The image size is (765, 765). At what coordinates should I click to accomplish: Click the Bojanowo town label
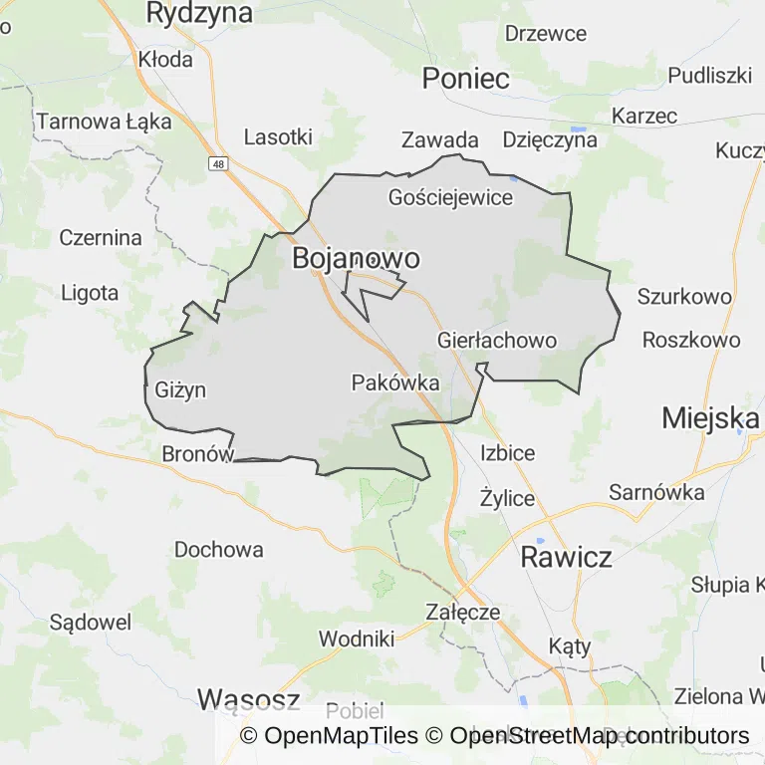tap(356, 259)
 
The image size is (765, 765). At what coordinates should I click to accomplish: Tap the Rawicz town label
tap(567, 557)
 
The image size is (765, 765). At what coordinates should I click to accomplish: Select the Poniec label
tap(466, 79)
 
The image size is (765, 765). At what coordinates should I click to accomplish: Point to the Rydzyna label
tap(199, 13)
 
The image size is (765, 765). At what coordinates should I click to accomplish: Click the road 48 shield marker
tap(218, 161)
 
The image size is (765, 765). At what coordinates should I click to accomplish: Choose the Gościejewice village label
tap(450, 197)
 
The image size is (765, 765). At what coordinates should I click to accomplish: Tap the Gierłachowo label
tap(497, 341)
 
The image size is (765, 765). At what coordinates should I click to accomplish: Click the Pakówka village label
tap(395, 382)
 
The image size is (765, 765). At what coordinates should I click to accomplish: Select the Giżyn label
tap(180, 389)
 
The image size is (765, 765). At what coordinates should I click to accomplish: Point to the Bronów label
tap(197, 453)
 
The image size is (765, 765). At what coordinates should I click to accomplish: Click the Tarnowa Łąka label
tap(104, 123)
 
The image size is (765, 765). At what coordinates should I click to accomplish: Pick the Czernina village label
tap(101, 238)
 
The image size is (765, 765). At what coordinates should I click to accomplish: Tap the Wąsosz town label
tap(248, 699)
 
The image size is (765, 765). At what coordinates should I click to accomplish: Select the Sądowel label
tap(90, 623)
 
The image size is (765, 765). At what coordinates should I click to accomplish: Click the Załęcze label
tap(462, 612)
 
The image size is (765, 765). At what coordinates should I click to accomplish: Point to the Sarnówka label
tap(656, 492)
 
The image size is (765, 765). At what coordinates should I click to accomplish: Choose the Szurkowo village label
tap(684, 296)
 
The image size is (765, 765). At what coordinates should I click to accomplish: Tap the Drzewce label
tap(546, 33)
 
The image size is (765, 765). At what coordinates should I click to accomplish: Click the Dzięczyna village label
tap(550, 139)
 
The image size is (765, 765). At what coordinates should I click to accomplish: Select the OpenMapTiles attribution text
tap(329, 736)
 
